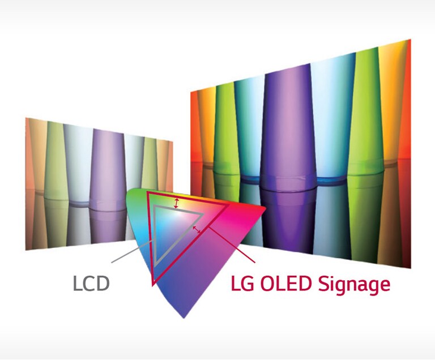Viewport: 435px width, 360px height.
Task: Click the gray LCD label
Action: click(91, 283)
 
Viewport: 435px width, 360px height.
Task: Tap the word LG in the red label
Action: click(244, 283)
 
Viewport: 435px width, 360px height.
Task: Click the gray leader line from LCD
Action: click(131, 251)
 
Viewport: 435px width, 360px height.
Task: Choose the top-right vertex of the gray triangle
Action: click(202, 213)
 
